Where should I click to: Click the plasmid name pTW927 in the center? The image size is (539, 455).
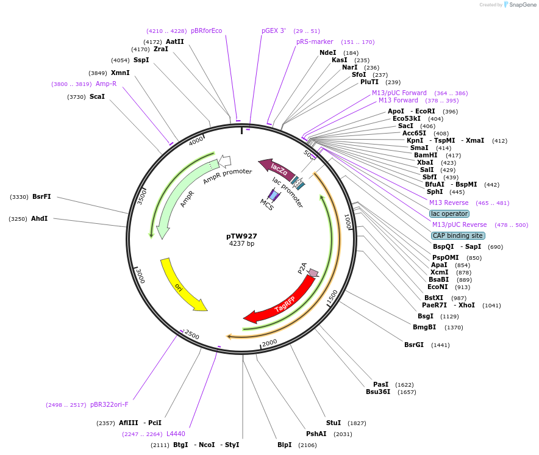point(241,236)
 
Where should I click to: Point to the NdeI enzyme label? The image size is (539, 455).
point(327,52)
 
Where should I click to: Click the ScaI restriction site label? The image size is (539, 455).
point(97,96)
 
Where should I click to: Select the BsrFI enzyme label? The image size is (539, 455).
point(41,196)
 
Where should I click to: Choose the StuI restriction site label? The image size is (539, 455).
point(334,423)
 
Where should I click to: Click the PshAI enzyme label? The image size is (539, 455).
point(316,434)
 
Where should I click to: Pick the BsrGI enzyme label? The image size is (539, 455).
point(414,345)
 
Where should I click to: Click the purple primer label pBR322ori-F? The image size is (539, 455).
point(109,404)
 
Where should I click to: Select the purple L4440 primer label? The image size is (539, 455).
point(176,434)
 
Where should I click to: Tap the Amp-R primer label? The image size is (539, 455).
point(106,84)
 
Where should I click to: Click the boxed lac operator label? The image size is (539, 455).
point(449,213)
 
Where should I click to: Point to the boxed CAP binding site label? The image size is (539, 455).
point(458,235)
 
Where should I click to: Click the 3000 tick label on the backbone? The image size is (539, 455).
point(140,275)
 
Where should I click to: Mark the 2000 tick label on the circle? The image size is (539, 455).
point(269,342)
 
